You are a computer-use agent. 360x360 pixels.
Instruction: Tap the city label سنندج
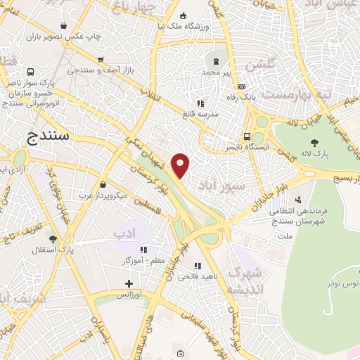(50, 136)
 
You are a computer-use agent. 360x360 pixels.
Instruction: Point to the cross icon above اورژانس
(128, 284)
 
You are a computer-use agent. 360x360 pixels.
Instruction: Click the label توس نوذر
(341, 282)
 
